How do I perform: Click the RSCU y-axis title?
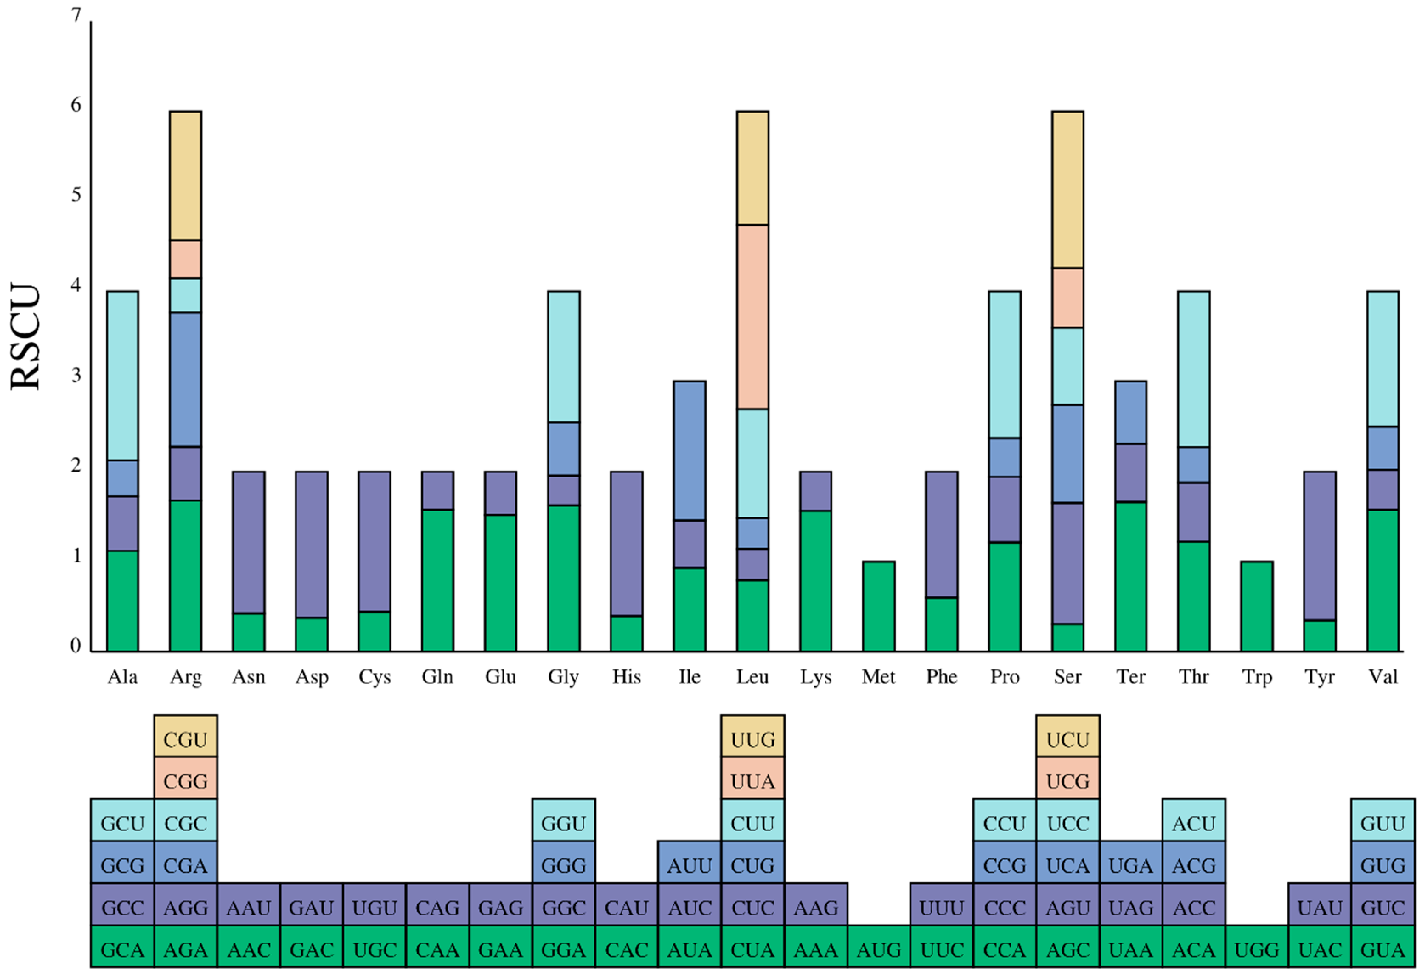tap(26, 336)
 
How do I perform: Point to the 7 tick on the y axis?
tap(76, 15)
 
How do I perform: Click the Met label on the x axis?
tap(878, 677)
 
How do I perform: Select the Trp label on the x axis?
tap(1256, 677)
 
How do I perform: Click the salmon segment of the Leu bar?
tap(752, 316)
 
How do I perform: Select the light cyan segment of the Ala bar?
tap(123, 376)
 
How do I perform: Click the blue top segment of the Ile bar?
tap(689, 450)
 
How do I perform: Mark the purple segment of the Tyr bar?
tap(1320, 546)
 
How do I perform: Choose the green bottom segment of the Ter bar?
tap(1131, 576)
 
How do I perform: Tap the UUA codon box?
tap(752, 781)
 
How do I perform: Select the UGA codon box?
tap(1131, 865)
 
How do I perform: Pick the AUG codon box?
tap(878, 950)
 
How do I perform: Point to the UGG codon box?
tap(1256, 950)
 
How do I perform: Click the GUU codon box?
tap(1382, 823)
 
